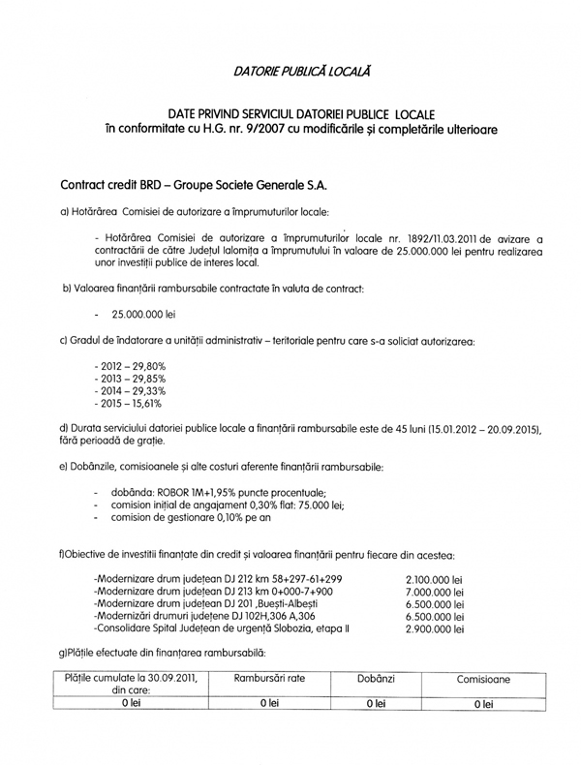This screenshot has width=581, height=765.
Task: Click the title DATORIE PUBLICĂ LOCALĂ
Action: coord(301,70)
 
